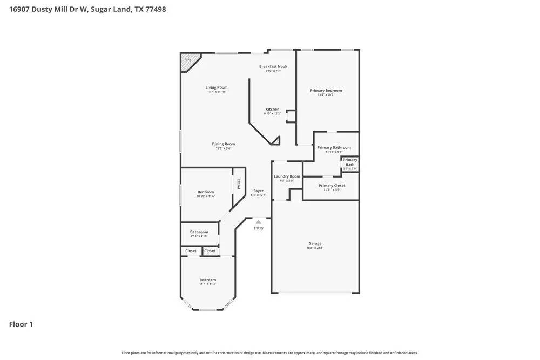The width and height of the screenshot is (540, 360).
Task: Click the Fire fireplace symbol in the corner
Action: click(188, 60)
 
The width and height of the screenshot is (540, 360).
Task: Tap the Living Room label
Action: click(217, 87)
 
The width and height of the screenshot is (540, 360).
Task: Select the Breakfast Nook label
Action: click(273, 66)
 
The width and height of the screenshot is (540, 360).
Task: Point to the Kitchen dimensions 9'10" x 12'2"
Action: click(272, 113)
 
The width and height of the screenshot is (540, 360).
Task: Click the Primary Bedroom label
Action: click(326, 91)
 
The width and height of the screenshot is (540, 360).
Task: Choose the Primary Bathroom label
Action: click(334, 147)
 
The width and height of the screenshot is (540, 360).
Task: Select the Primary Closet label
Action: click(332, 186)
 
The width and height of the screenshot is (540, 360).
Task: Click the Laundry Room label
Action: click(287, 176)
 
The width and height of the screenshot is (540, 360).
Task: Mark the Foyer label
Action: click(259, 191)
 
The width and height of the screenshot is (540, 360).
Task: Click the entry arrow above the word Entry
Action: click(259, 221)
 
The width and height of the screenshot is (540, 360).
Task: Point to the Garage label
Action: click(315, 243)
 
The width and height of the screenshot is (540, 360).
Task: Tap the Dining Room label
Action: click(223, 144)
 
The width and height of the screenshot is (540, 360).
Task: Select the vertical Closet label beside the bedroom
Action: click(238, 184)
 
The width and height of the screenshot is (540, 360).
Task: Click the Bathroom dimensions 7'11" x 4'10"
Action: click(199, 236)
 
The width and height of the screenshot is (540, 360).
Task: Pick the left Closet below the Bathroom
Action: click(191, 251)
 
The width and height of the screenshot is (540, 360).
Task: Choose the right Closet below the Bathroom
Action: click(210, 251)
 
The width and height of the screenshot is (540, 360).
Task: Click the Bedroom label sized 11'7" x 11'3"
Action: click(207, 280)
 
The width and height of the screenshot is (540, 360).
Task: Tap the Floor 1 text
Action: click(21, 324)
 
